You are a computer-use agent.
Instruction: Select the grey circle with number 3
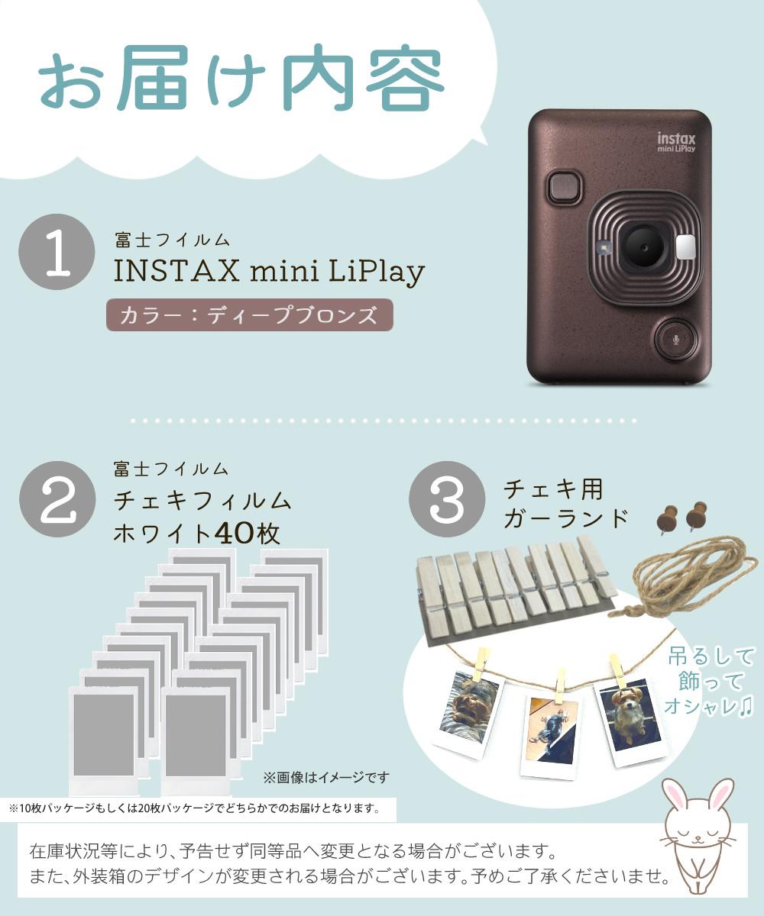point(447,500)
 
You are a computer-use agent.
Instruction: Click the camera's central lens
point(642,246)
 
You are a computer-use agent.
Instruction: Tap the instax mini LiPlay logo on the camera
point(676,143)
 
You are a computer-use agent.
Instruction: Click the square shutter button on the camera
point(565,186)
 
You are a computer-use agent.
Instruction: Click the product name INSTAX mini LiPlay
point(269,272)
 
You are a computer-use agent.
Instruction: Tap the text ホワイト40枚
point(196,533)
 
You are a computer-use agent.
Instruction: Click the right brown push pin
point(696,516)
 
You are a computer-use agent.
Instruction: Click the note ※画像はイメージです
point(326,777)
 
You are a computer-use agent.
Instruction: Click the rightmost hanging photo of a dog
point(630,720)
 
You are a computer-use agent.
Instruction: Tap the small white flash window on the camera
point(685,247)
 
